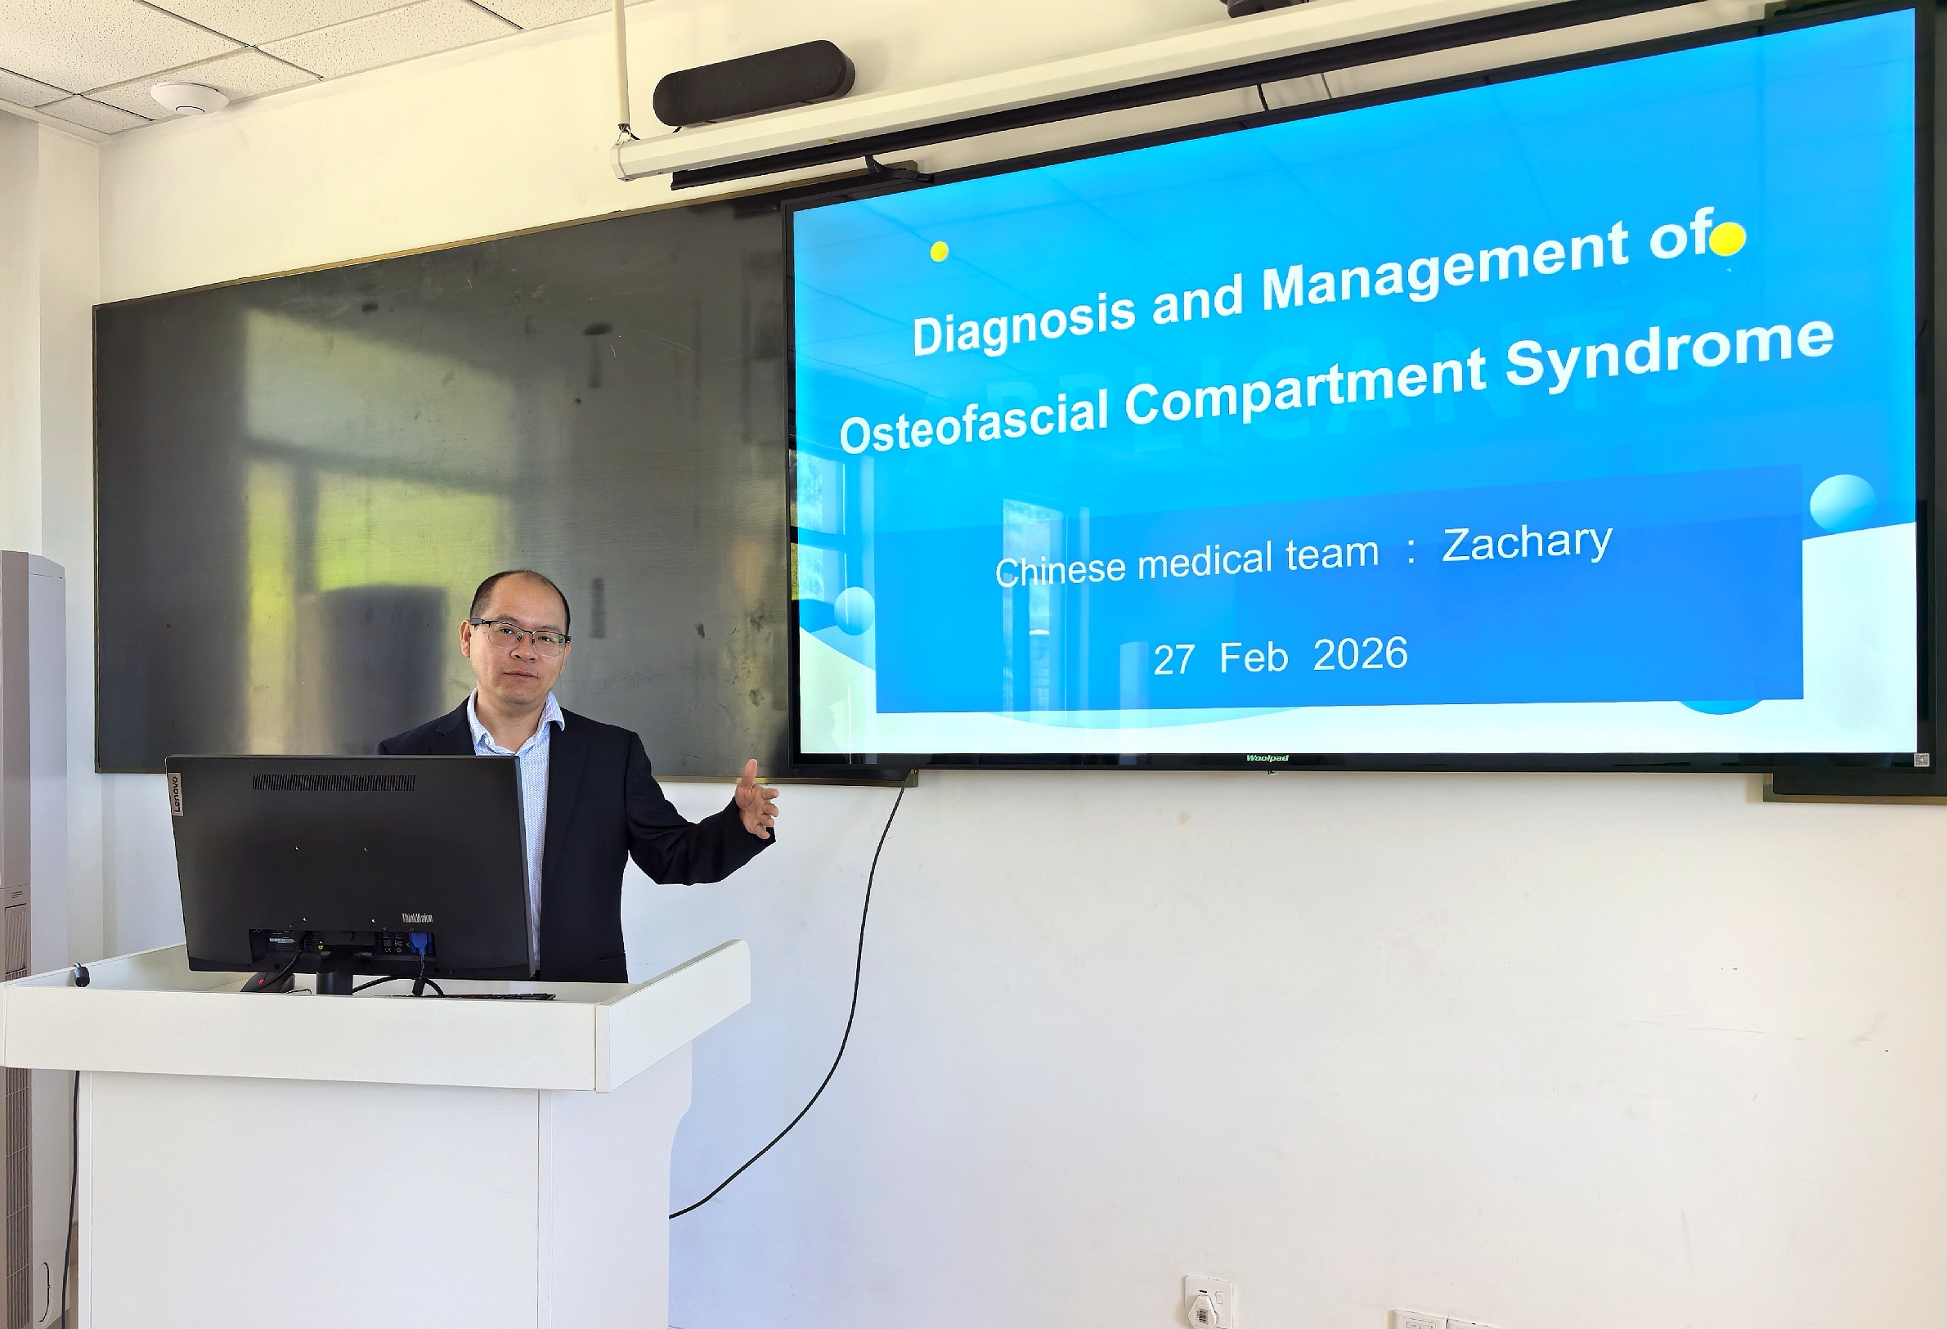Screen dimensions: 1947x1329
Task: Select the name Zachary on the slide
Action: coord(1527,543)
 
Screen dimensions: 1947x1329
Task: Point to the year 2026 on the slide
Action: coord(1360,653)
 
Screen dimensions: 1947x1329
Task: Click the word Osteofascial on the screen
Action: coord(973,422)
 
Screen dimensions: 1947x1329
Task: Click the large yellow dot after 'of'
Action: coord(1728,239)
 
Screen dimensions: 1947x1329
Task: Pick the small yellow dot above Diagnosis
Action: coord(939,250)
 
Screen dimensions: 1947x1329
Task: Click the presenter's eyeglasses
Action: coord(518,638)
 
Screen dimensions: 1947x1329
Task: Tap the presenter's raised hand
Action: coord(756,800)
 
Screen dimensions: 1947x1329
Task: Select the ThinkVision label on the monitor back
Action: coord(416,918)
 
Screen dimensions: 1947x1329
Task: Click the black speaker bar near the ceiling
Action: coord(753,83)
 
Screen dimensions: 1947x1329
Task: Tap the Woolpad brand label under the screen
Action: coord(1267,758)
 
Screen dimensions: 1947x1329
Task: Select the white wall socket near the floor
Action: coord(1207,1302)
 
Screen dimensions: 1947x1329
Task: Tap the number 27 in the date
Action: coord(1173,659)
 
